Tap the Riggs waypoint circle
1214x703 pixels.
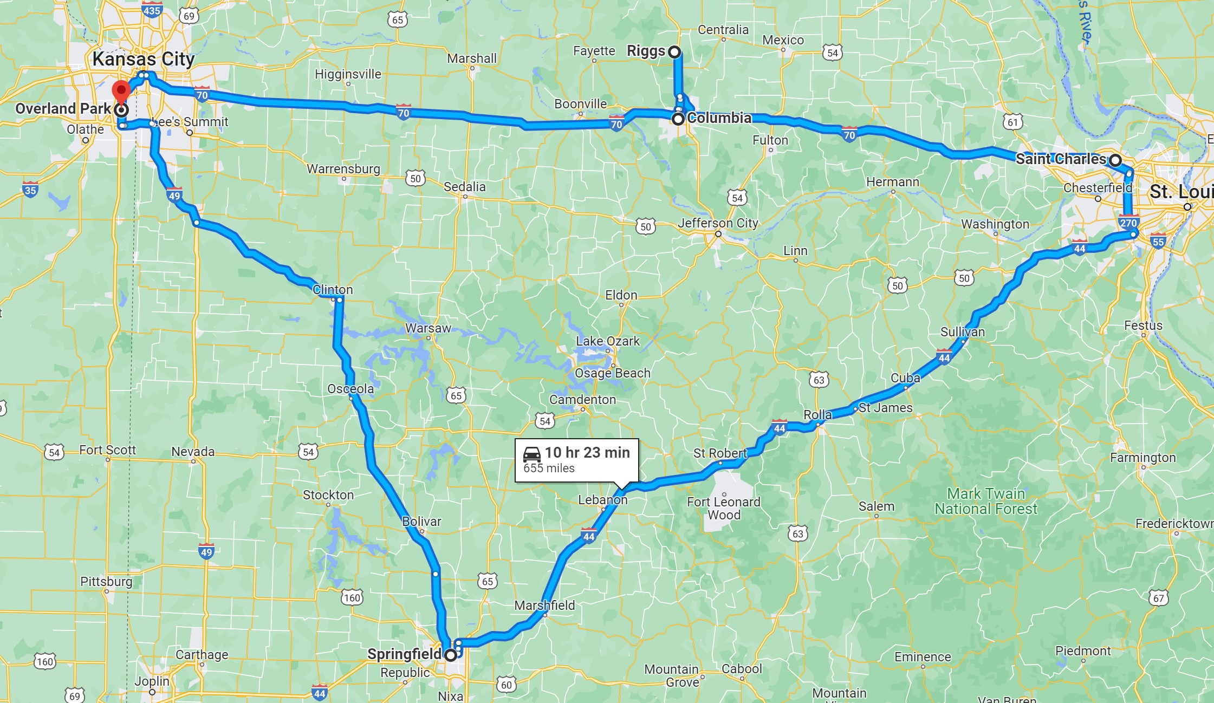point(674,52)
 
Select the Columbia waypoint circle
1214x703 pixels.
point(678,119)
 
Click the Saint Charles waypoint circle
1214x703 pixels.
point(1115,160)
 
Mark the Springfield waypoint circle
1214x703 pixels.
point(451,655)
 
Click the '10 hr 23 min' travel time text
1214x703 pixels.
point(587,453)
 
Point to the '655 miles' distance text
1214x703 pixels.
point(549,468)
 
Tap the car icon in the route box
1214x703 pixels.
point(531,454)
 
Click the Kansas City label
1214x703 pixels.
point(144,59)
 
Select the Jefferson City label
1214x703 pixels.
point(718,223)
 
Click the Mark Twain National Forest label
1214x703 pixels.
point(985,502)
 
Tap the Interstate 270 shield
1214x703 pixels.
point(1128,223)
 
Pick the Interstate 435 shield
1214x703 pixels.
point(152,10)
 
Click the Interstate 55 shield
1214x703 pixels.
point(1158,242)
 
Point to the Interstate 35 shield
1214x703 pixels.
point(30,190)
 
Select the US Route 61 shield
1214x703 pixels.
point(1012,122)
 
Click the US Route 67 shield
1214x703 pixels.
point(1159,598)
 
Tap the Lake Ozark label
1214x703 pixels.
point(608,341)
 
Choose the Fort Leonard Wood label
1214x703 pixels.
point(724,509)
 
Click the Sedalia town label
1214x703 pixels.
point(465,187)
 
